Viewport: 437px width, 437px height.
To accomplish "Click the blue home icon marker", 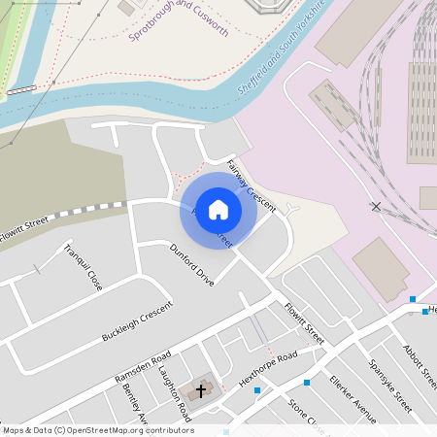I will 218,210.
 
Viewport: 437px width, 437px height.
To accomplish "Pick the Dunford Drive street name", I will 191,265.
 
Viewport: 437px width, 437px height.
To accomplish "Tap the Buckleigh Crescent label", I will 137,323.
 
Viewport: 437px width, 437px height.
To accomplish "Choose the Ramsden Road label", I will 143,365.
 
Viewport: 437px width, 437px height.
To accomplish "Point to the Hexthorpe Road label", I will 266,369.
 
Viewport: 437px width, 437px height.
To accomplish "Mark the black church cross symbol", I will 202,390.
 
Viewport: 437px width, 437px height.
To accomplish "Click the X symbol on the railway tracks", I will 376,206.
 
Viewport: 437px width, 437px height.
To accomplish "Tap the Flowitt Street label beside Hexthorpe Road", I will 304,321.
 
